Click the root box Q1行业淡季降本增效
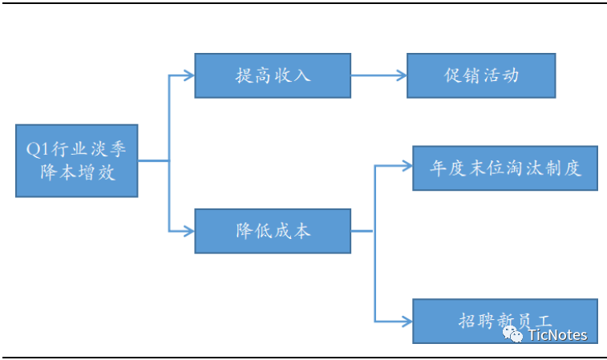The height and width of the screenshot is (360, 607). [x=77, y=160]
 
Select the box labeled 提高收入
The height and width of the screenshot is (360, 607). [x=273, y=75]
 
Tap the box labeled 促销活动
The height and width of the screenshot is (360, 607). [x=481, y=75]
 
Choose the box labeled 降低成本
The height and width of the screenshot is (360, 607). [x=273, y=231]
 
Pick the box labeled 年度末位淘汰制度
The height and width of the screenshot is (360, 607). [x=504, y=168]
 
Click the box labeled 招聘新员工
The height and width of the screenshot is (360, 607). [x=504, y=321]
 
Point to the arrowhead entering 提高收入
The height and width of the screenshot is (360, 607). [x=189, y=75]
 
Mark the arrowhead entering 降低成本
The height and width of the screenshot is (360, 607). [x=189, y=231]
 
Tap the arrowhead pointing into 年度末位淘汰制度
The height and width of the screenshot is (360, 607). [x=407, y=168]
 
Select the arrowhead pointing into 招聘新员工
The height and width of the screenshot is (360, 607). [x=407, y=322]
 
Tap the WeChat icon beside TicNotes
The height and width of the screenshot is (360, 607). [x=513, y=335]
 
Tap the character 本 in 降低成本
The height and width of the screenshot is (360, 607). [x=301, y=231]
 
